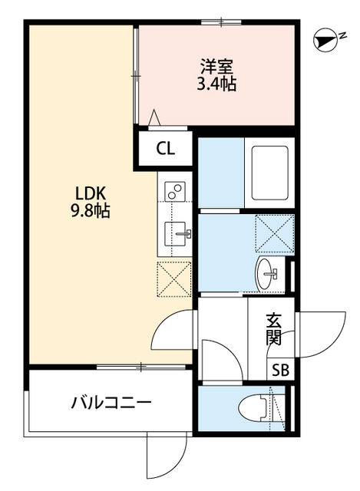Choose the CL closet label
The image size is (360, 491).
tap(165, 150)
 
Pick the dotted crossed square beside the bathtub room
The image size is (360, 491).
tap(274, 232)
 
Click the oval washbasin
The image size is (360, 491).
tap(269, 273)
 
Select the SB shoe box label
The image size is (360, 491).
tap(281, 370)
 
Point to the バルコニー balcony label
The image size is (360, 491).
tap(111, 402)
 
